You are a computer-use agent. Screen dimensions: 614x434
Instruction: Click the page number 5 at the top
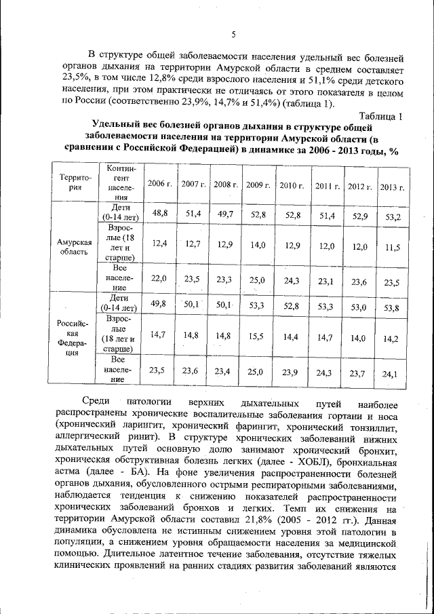pos(233,35)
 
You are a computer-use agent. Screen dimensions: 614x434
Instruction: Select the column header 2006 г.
pos(160,185)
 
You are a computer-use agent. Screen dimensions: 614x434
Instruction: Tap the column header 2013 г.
pos(391,187)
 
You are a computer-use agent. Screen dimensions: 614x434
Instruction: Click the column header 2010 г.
pos(292,185)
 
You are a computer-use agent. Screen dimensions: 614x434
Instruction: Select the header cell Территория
pos(73,183)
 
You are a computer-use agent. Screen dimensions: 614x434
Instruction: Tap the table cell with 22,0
pos(159,278)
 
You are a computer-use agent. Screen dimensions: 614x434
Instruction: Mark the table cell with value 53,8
pos(391,309)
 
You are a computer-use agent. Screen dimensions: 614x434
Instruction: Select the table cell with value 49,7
pos(224,214)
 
